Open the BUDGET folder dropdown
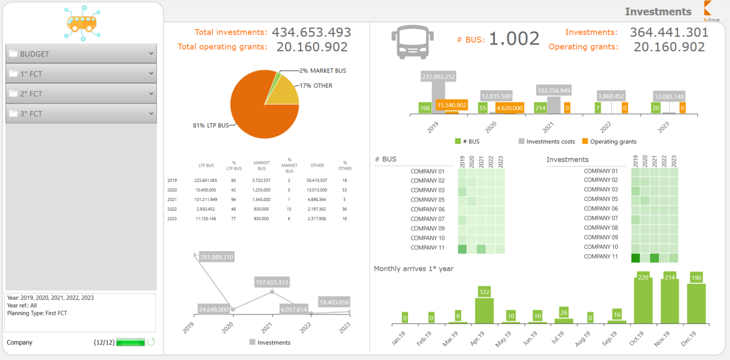81,54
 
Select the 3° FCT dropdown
81,113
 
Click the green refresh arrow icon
151,342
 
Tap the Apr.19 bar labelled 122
484,310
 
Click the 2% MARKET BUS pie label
323,70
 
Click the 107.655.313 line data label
271,282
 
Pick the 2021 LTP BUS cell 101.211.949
206,200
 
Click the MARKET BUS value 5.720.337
261,180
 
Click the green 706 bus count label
425,108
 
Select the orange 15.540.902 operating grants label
451,105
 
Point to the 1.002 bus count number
514,39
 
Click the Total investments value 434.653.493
311,32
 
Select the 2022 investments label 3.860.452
612,96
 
